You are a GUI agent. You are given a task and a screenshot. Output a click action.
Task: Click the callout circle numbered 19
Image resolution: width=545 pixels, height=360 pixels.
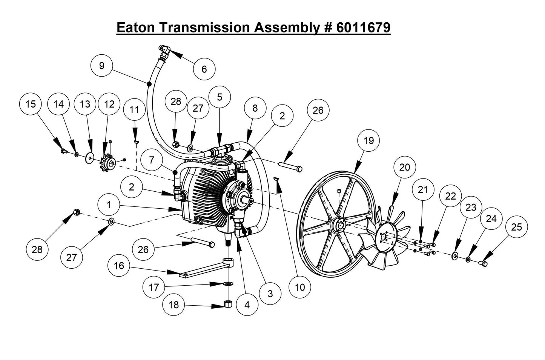pyautogui.click(x=368, y=140)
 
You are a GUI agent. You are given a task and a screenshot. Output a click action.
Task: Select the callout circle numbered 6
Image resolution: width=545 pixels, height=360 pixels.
pyautogui.click(x=204, y=69)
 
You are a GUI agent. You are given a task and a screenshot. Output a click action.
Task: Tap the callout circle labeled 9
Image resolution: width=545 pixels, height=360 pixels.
pyautogui.click(x=102, y=65)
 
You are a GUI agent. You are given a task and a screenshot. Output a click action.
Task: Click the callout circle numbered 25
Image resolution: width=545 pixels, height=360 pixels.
pyautogui.click(x=516, y=227)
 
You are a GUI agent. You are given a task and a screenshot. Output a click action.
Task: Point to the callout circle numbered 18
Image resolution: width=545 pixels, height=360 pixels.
pyautogui.click(x=173, y=305)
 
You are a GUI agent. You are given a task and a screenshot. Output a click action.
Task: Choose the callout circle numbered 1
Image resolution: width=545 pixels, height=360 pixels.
pyautogui.click(x=109, y=205)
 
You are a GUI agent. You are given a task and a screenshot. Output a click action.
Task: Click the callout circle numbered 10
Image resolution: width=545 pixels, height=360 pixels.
pyautogui.click(x=300, y=287)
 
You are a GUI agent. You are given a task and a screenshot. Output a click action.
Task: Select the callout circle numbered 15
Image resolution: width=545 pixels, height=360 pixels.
pyautogui.click(x=31, y=104)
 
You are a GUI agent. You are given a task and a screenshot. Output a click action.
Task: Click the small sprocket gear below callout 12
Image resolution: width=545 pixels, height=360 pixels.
pyautogui.click(x=108, y=163)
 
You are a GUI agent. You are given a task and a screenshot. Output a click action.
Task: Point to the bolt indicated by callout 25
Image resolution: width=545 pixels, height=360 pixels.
pyautogui.click(x=483, y=263)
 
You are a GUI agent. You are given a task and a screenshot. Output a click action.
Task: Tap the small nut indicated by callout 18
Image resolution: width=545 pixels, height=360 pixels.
pyautogui.click(x=228, y=303)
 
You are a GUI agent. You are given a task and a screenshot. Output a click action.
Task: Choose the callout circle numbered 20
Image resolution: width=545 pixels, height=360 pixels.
pyautogui.click(x=404, y=167)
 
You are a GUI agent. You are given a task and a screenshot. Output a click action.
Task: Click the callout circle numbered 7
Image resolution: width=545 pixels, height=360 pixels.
pyautogui.click(x=152, y=160)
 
